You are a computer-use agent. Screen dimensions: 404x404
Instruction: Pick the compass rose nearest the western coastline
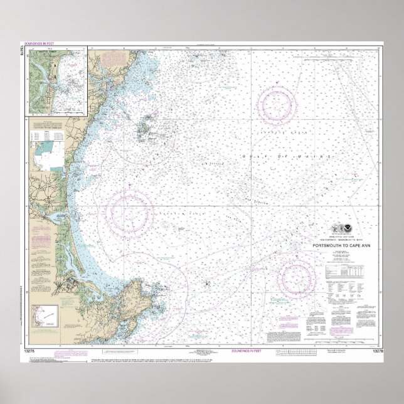click(129, 207)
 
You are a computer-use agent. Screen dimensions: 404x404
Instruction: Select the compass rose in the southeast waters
click(296, 276)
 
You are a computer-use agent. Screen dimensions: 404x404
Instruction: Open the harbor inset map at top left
click(56, 80)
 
